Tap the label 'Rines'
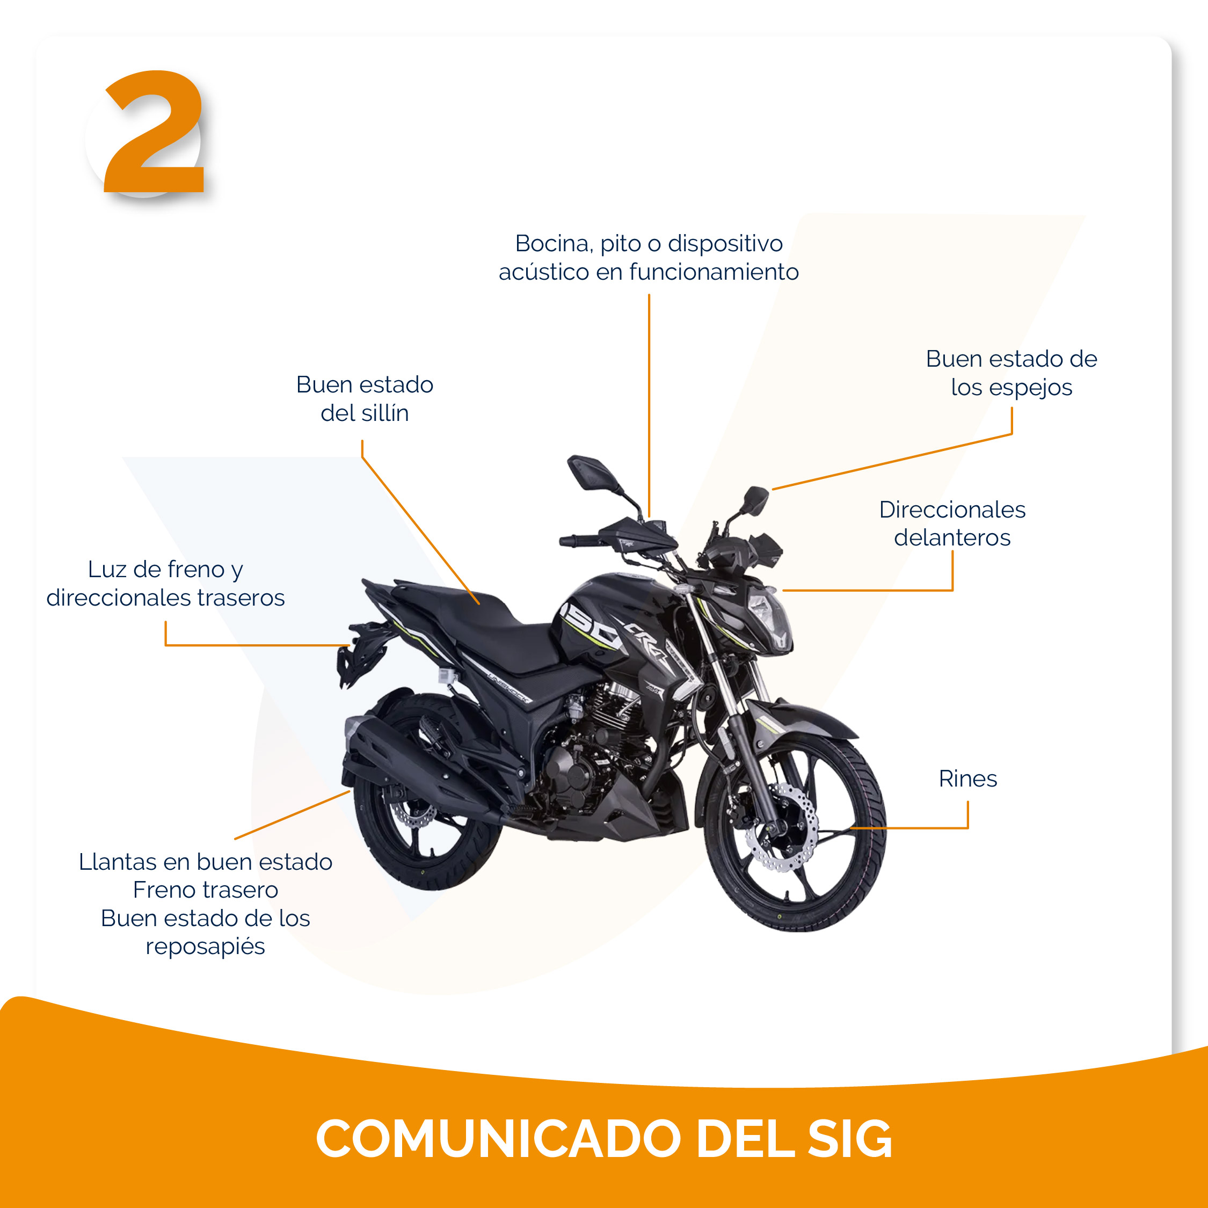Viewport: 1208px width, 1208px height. click(x=968, y=778)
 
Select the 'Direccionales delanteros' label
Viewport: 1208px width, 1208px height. click(x=952, y=523)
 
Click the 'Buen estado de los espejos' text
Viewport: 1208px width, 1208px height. click(x=1011, y=373)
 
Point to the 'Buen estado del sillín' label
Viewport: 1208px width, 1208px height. click(x=365, y=399)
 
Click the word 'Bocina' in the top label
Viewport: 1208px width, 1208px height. click(x=554, y=244)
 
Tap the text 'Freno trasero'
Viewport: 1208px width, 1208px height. click(x=206, y=890)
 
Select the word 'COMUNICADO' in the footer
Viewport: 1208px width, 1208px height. click(x=498, y=1139)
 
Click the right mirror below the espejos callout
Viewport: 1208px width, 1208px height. click(x=756, y=501)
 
